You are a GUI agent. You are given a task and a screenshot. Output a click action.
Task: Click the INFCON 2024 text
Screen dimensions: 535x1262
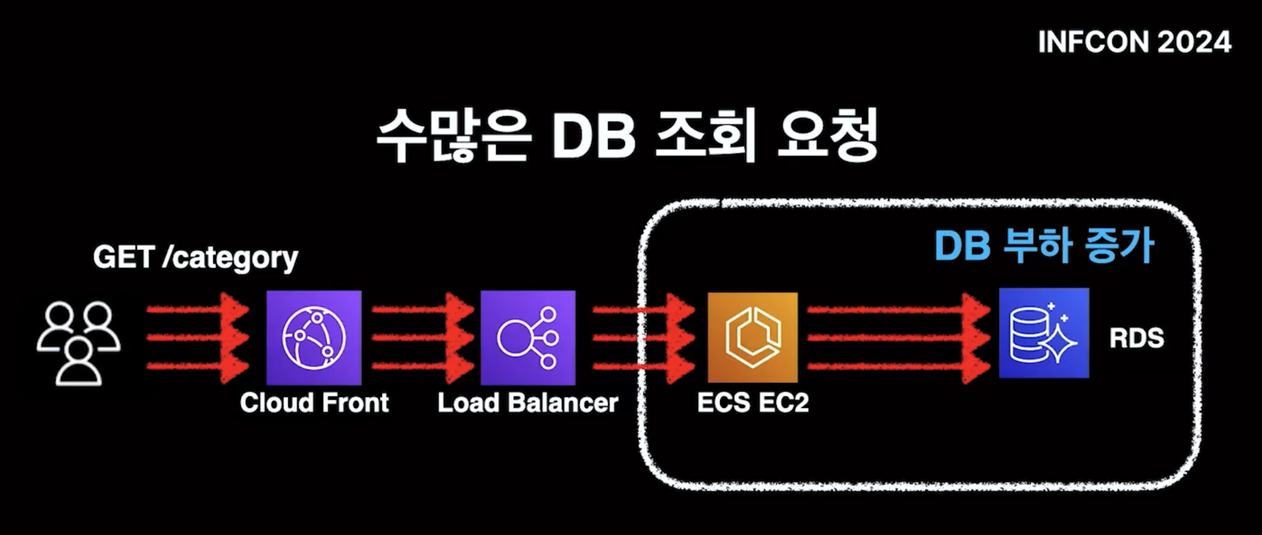point(1134,42)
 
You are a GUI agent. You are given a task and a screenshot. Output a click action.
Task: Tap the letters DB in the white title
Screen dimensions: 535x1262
point(593,136)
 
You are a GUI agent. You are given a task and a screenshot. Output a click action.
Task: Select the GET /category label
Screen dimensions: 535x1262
point(195,257)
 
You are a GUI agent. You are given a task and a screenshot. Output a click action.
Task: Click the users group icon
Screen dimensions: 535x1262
point(78,343)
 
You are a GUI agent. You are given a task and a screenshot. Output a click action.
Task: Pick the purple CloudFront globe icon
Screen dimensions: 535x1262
point(314,337)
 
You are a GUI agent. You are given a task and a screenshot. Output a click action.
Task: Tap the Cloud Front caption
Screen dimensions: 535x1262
point(314,403)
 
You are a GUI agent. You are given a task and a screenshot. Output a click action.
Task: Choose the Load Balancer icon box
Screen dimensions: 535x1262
point(528,337)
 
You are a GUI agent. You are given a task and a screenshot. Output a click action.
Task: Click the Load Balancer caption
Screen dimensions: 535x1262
point(528,403)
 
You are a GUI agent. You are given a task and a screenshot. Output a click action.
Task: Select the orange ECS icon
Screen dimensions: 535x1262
point(752,337)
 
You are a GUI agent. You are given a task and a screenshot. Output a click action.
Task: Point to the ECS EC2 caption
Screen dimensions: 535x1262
point(752,403)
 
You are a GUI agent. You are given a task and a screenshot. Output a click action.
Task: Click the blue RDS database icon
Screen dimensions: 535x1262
point(1044,333)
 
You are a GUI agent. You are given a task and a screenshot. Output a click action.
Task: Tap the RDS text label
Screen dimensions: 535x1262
point(1136,338)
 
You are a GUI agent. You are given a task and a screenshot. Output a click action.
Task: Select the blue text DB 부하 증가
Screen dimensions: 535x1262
point(1044,245)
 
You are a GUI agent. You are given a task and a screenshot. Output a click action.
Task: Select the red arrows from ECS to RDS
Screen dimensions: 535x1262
point(898,337)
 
